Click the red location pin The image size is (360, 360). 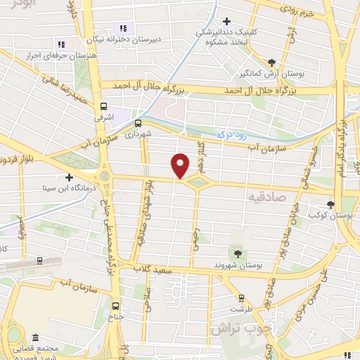point(181,165)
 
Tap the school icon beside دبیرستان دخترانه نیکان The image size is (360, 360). point(122,28)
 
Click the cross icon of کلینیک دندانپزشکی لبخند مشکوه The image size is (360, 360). point(226,22)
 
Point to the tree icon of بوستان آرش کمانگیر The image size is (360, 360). point(271,63)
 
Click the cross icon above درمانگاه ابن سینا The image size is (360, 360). point(69,177)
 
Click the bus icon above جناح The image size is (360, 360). point(116,305)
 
